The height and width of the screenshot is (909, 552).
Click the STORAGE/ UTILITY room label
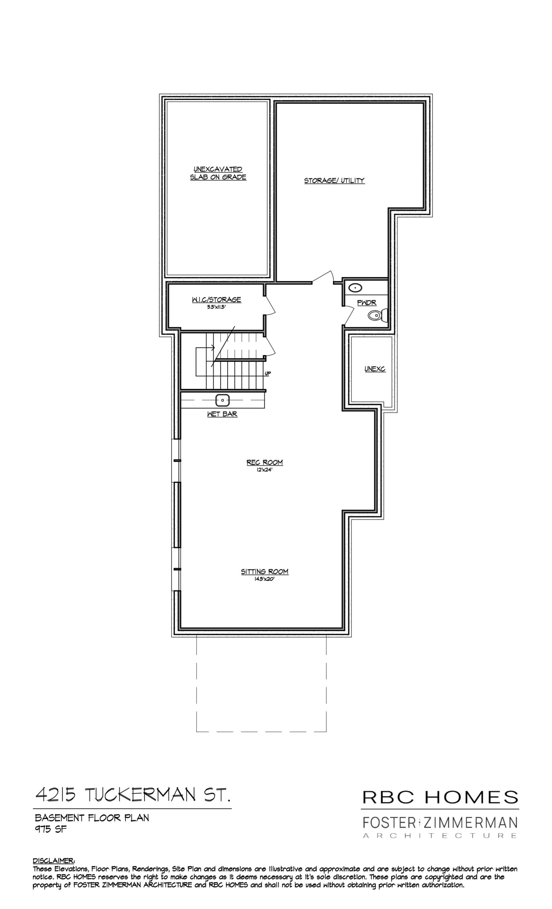pyautogui.click(x=334, y=180)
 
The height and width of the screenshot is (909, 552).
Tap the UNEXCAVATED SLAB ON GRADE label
pyautogui.click(x=218, y=173)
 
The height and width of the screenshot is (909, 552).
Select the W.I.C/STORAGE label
pyautogui.click(x=216, y=300)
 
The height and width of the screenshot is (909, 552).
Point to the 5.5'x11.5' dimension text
pyautogui.click(x=216, y=306)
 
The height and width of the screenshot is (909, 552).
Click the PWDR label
pyautogui.click(x=367, y=303)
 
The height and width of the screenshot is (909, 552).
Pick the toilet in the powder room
pyautogui.click(x=377, y=315)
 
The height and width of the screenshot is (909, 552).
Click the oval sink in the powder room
pyautogui.click(x=355, y=288)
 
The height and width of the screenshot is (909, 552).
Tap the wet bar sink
pyautogui.click(x=222, y=399)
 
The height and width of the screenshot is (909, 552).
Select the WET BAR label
pyautogui.click(x=222, y=414)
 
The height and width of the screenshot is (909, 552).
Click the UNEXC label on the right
pyautogui.click(x=375, y=369)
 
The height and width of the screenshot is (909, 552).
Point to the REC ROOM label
pyautogui.click(x=265, y=462)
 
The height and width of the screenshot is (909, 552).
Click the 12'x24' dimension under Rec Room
pyautogui.click(x=265, y=470)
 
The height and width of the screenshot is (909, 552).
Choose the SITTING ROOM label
pyautogui.click(x=265, y=571)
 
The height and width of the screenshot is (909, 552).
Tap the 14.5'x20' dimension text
pyautogui.click(x=265, y=579)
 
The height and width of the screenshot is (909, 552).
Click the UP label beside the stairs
pyautogui.click(x=268, y=373)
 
